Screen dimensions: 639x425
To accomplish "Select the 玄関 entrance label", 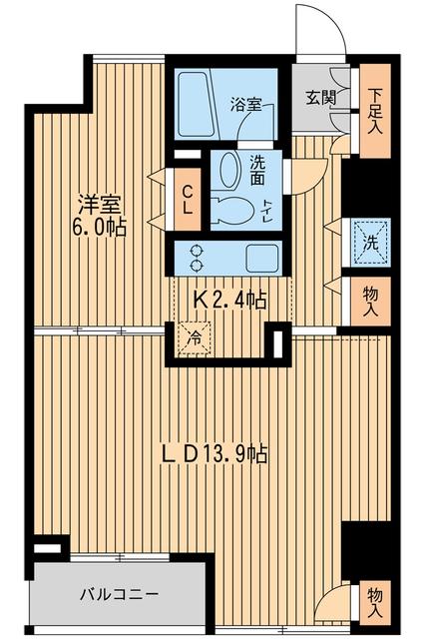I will (x=320, y=99).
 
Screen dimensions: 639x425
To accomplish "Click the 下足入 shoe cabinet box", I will (x=375, y=110).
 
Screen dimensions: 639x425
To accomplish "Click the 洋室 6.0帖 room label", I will (x=101, y=215).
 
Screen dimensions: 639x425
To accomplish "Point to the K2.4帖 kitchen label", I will (x=228, y=299).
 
